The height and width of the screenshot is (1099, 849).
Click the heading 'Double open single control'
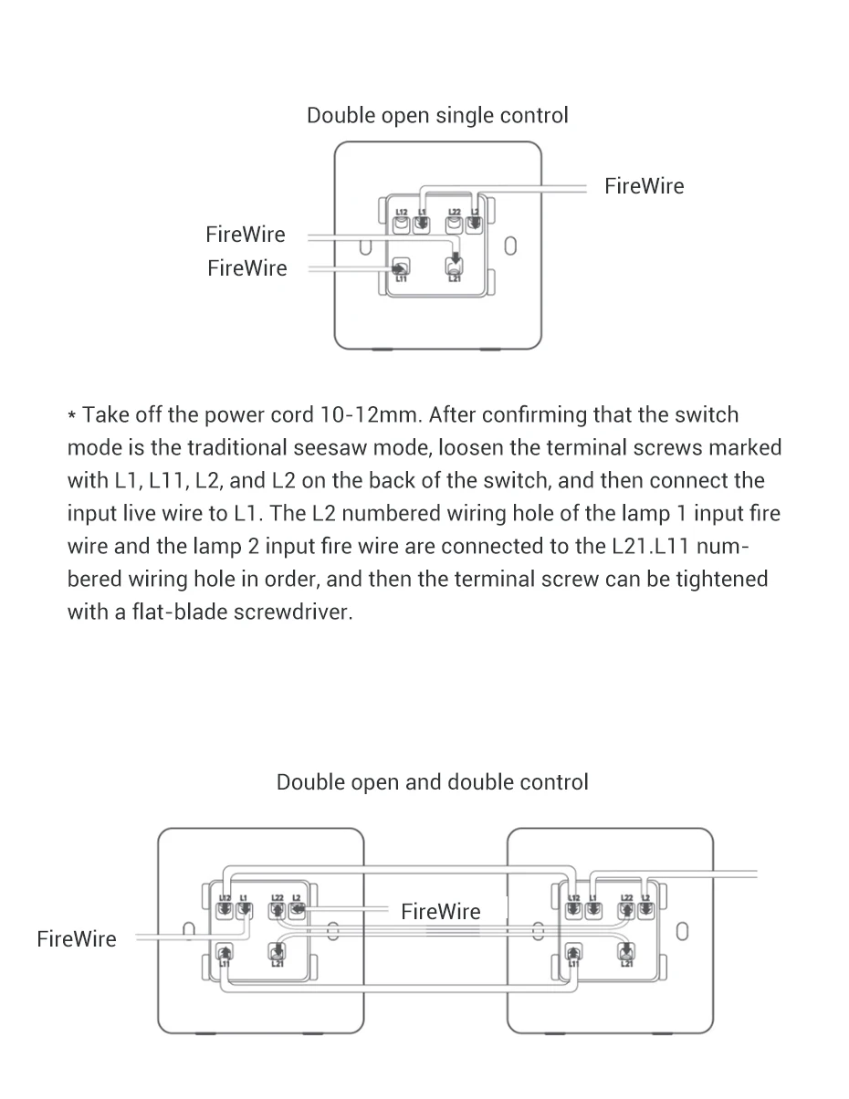(437, 116)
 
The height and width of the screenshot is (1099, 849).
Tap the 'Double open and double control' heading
(432, 782)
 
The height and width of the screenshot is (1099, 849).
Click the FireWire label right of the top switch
(644, 186)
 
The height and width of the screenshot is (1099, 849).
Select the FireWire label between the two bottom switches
(440, 911)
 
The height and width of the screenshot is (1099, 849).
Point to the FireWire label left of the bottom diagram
(77, 939)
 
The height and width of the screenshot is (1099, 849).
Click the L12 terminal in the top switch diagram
(401, 222)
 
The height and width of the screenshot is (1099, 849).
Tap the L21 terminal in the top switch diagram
(455, 267)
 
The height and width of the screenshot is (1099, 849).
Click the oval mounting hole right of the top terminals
(511, 246)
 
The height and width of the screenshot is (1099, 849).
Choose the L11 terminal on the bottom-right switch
(573, 954)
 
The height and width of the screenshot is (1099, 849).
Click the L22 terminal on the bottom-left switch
(278, 910)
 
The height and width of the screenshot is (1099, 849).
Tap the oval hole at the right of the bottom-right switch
(682, 932)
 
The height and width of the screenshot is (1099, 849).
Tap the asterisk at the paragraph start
(72, 417)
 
